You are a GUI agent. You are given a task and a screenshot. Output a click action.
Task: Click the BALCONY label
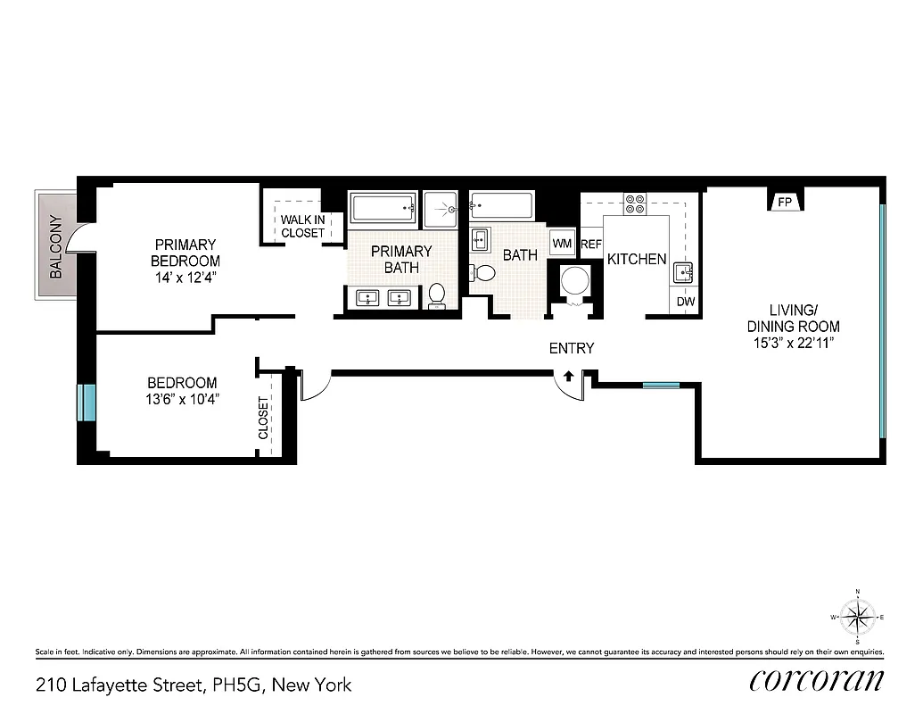pos(56,247)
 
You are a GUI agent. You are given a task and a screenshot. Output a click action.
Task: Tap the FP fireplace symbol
pos(785,203)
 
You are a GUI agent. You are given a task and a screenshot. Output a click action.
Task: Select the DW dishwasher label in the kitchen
pos(685,302)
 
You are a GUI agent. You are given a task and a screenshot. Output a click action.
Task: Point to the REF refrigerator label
pos(591,244)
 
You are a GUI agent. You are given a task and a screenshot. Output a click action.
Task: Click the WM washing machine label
pos(562,243)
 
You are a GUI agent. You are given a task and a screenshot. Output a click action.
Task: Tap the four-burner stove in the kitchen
pos(635,203)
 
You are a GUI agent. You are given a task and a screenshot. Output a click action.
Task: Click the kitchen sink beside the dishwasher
pos(685,272)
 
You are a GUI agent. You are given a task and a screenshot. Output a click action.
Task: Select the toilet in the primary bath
pos(437,295)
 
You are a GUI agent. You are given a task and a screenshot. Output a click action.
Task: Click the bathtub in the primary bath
pos(384,209)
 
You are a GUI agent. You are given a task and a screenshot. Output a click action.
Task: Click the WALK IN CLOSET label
pos(302,227)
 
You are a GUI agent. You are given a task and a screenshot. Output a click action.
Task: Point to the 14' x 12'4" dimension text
pos(185,277)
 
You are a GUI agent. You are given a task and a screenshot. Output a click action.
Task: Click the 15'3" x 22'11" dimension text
pos(794,344)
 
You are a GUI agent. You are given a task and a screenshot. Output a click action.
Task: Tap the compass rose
pos(857,616)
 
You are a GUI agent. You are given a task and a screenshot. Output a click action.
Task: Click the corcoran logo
pos(817,681)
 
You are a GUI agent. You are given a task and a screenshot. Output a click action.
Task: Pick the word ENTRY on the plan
pos(571,348)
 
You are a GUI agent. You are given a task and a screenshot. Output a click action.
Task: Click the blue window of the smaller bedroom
pos(87,402)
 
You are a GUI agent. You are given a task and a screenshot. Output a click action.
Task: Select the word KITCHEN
pos(637,259)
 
